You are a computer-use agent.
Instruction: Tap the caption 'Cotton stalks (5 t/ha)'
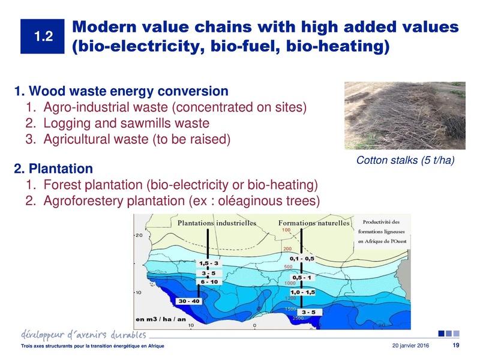pyautogui.click(x=403, y=160)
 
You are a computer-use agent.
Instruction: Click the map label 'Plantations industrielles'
pyautogui.click(x=217, y=223)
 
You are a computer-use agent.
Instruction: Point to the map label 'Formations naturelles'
pyautogui.click(x=314, y=223)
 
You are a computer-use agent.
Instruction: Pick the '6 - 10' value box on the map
pyautogui.click(x=211, y=281)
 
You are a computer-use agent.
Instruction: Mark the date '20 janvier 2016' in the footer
pyautogui.click(x=413, y=347)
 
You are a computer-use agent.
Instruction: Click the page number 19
pyautogui.click(x=455, y=346)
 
